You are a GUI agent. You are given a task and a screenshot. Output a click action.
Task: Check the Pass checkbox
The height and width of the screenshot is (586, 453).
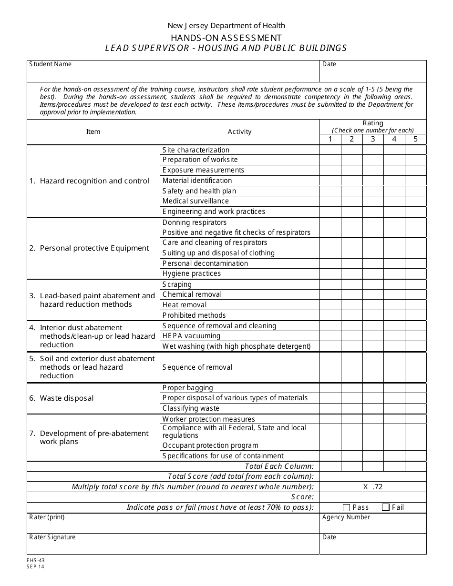pos(347,507)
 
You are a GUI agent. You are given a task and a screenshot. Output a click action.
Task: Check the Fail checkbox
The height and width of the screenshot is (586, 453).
pos(386,507)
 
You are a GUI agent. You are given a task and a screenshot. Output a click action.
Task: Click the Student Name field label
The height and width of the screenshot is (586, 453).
pos(51,64)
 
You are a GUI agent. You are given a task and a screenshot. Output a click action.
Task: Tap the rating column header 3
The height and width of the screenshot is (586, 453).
pos(373,139)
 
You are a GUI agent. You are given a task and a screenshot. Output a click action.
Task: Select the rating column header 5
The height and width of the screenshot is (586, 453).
pos(415,139)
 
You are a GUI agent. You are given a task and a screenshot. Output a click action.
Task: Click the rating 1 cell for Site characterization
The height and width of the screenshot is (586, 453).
pos(330,150)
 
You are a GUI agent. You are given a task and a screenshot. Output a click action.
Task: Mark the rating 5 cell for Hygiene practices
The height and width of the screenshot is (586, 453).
pos(415,274)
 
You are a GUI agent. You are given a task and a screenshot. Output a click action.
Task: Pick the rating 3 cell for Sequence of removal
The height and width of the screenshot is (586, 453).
pos(373,367)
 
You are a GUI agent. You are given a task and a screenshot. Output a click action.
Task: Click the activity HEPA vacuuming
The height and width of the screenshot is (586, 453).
pos(191,336)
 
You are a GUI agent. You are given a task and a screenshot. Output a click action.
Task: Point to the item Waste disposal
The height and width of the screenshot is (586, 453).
pos(67,398)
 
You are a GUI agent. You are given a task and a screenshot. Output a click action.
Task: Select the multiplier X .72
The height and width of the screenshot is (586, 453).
pos(373,486)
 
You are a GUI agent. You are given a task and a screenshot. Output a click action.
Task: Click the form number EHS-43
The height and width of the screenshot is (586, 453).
pos(36,561)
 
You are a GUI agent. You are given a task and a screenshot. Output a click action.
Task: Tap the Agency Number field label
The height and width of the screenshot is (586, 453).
pos(346,517)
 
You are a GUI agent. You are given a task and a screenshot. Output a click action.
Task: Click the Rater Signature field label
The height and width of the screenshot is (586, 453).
pos(52,537)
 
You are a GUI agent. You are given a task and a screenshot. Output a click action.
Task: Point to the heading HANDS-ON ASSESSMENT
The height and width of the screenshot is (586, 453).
pos(226,38)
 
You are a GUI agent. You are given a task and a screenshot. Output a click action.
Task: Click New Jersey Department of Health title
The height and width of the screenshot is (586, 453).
pos(226,26)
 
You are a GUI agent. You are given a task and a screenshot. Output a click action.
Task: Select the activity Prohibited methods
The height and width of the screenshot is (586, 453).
pos(194,315)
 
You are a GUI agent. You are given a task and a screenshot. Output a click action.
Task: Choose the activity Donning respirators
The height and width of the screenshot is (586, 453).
pos(195,222)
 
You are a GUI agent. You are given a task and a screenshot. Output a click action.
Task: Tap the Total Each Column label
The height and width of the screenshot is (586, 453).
pos(279,466)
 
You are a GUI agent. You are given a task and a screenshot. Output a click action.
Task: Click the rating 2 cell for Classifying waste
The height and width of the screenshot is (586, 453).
pos(351,408)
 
